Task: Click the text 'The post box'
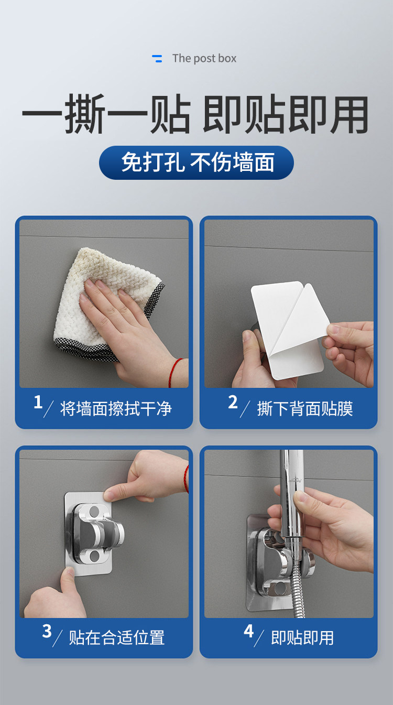click(x=204, y=59)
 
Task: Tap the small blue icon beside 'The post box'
click(x=157, y=59)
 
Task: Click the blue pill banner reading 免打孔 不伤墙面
click(x=196, y=162)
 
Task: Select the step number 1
click(x=38, y=402)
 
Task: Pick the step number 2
click(x=233, y=402)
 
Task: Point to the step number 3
click(x=47, y=631)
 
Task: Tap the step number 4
click(x=248, y=631)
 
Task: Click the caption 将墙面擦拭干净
click(x=116, y=408)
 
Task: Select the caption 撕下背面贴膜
click(x=305, y=408)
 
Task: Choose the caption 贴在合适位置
click(x=117, y=638)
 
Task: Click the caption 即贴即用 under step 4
click(x=302, y=638)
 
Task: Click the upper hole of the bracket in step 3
click(x=94, y=512)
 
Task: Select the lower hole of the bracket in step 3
click(x=94, y=556)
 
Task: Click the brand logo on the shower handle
click(x=296, y=481)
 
